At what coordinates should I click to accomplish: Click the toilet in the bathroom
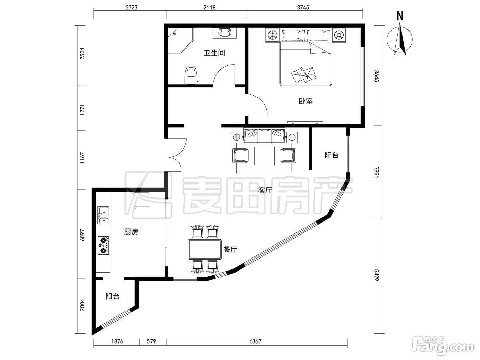pyautogui.click(x=191, y=75)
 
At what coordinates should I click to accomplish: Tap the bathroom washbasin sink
pyautogui.click(x=225, y=33)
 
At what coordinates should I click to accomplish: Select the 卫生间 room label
pyautogui.click(x=214, y=53)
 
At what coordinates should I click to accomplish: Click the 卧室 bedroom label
pyautogui.click(x=306, y=101)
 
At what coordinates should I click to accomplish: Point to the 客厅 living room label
pyautogui.click(x=265, y=190)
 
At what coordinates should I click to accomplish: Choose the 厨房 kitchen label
pyautogui.click(x=131, y=232)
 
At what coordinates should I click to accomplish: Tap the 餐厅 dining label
pyautogui.click(x=230, y=249)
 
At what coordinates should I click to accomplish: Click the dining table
pyautogui.click(x=205, y=249)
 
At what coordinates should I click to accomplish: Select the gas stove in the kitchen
pyautogui.click(x=103, y=245)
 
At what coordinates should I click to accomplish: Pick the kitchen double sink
pyautogui.click(x=103, y=215)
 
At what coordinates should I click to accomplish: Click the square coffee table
pyautogui.click(x=264, y=156)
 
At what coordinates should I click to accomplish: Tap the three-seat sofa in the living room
pyautogui.click(x=264, y=135)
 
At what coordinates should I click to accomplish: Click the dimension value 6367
pyautogui.click(x=255, y=341)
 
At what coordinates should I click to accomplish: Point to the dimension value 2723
pyautogui.click(x=132, y=8)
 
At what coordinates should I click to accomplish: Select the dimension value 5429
pyautogui.click(x=376, y=275)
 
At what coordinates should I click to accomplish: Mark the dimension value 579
pyautogui.click(x=151, y=341)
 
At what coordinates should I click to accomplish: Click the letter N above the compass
pyautogui.click(x=400, y=16)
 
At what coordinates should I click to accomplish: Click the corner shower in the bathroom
pyautogui.click(x=181, y=40)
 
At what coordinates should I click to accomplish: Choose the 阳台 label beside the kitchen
pyautogui.click(x=112, y=296)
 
